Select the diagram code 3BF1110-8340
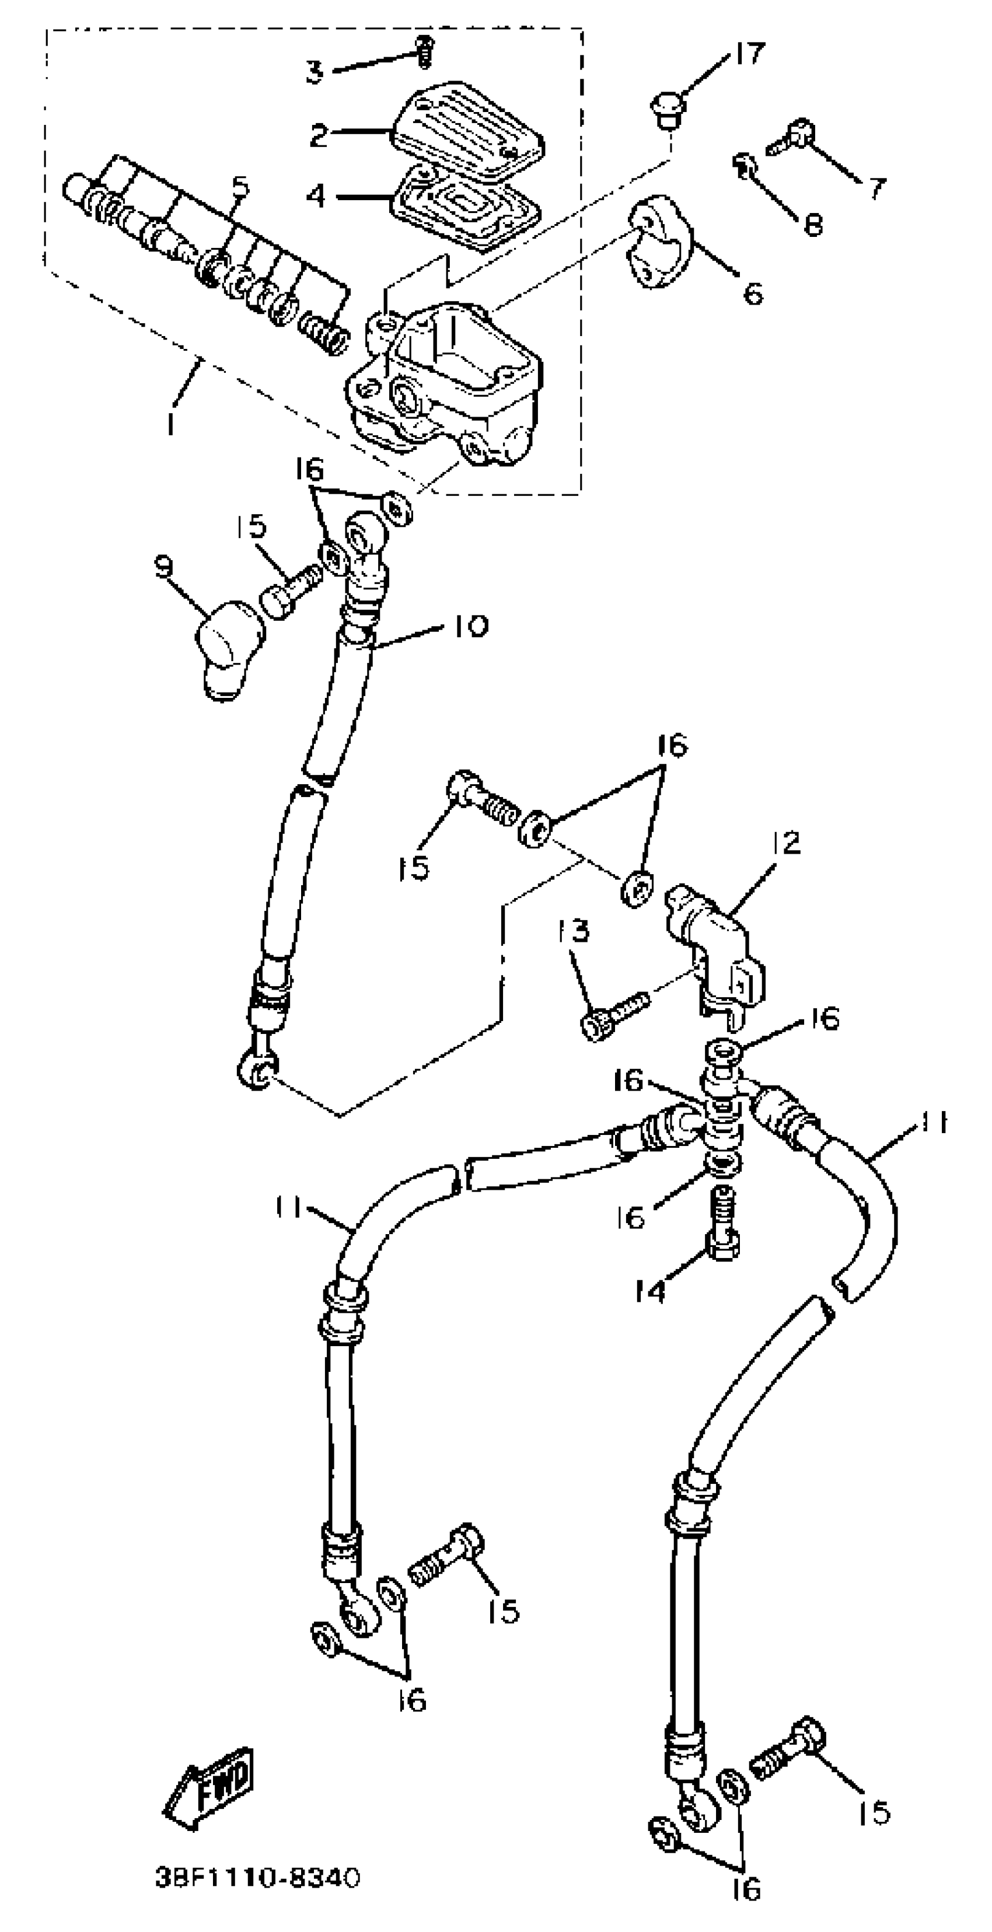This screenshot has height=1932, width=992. point(257,1878)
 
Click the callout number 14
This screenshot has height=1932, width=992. point(649,1291)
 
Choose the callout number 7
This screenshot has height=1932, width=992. point(876,187)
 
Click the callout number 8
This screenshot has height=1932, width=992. point(813,224)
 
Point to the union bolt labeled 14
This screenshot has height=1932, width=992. point(723,1227)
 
